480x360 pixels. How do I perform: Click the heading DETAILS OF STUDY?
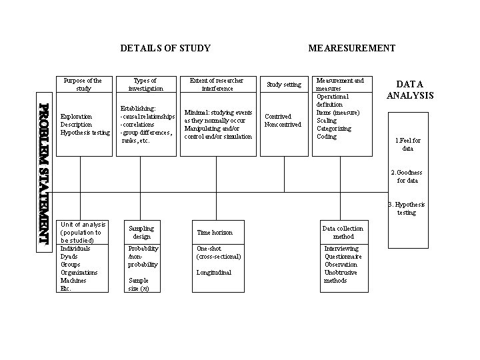165,48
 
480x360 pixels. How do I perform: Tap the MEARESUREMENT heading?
351,48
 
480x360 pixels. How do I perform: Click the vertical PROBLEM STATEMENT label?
44,175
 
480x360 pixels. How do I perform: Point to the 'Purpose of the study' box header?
83,85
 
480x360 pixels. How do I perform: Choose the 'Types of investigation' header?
145,85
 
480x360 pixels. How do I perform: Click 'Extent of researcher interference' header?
217,85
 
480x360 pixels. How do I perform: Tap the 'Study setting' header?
284,85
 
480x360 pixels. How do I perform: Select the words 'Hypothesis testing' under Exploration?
85,133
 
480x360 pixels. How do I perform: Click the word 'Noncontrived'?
283,125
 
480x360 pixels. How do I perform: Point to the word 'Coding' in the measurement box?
327,137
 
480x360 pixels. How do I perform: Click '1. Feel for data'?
408,145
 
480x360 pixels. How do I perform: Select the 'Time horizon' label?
215,233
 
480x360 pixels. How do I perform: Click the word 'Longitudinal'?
214,272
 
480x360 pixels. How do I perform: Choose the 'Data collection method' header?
343,233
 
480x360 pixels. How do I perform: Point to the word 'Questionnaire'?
343,257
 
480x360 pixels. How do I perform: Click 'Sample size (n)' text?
139,285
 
